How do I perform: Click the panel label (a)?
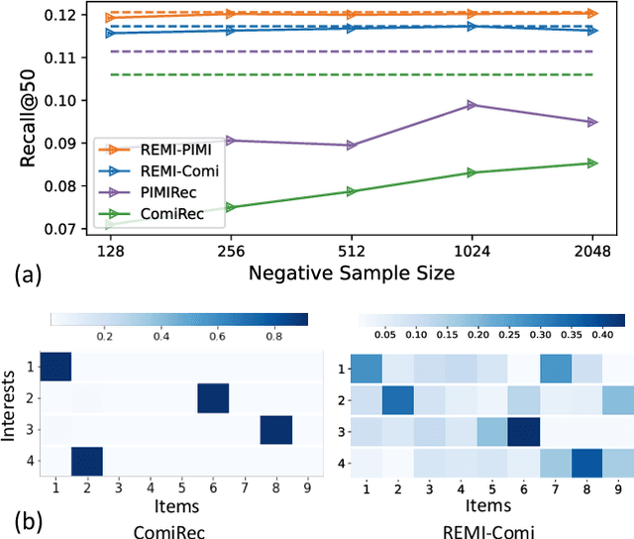click(22, 272)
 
